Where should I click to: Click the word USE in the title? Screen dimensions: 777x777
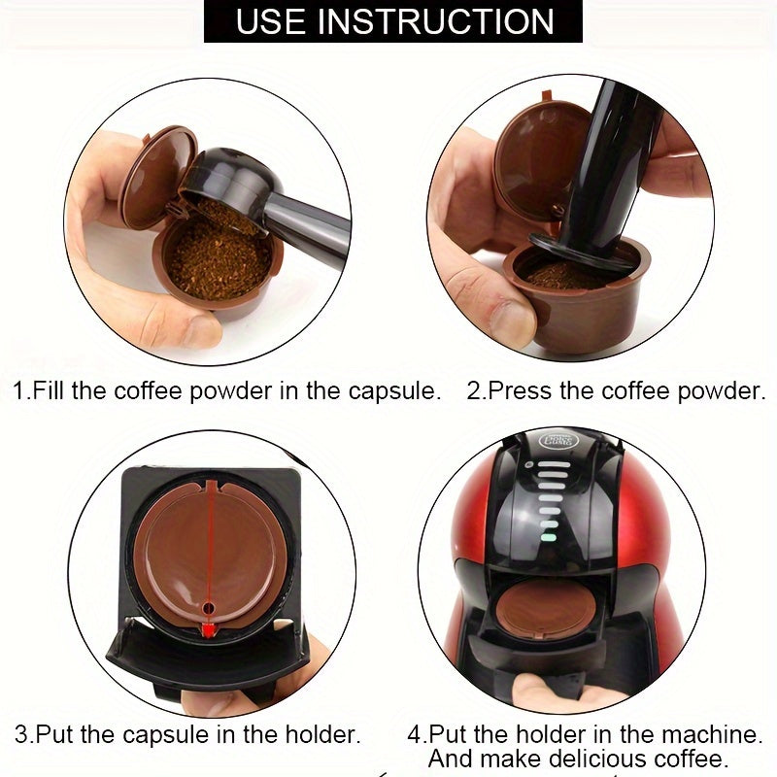275,20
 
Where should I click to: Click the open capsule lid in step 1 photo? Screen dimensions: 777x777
155,176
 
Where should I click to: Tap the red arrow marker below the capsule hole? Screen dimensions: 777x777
207,632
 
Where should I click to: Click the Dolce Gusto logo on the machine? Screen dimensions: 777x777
557,441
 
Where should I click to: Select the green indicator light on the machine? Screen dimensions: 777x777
548,533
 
